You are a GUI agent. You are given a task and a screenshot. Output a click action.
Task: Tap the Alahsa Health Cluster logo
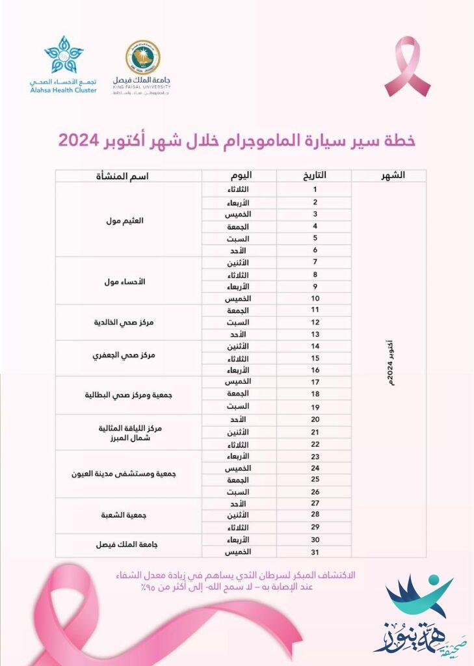click(63, 64)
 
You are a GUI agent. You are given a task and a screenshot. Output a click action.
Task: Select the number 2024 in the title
click(78, 140)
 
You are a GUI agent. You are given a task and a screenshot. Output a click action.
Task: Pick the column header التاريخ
click(315, 176)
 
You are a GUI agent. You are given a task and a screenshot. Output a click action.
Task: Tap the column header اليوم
click(240, 176)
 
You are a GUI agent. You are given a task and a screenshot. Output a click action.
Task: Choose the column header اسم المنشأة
click(128, 176)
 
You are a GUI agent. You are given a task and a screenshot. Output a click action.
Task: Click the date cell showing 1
click(315, 189)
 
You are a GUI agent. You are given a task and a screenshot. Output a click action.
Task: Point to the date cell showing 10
click(315, 298)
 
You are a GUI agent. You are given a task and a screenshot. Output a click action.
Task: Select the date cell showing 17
click(315, 381)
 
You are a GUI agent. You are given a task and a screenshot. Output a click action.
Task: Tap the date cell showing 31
click(315, 552)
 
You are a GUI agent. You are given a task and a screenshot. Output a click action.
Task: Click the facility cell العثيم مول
click(128, 220)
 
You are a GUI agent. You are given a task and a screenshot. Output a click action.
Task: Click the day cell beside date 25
click(240, 480)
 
